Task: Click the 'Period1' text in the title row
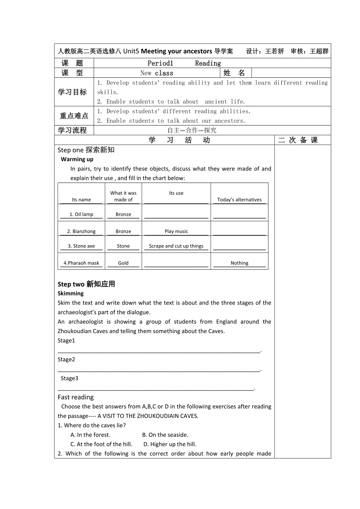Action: pos(160,63)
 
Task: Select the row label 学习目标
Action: pos(72,92)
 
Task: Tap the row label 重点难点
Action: pos(74,116)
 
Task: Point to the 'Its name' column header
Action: pos(81,200)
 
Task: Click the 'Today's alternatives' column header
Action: pos(239,200)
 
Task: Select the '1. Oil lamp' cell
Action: pos(81,215)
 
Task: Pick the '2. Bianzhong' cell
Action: pos(81,231)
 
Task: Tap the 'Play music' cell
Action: pos(176,231)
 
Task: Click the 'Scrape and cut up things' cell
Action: pos(176,246)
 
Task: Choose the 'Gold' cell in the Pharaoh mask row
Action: pos(123,263)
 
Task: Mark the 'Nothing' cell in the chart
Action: pos(239,263)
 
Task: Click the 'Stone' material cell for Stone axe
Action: pos(123,246)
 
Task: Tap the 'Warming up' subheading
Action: pos(77,159)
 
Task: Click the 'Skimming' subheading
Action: pos(71,294)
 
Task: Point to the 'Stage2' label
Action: pos(66,360)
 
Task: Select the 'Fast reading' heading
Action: pos(76,397)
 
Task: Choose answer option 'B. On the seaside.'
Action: pos(165,435)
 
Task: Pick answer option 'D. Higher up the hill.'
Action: pos(170,444)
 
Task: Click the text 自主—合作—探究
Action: pos(192,131)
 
